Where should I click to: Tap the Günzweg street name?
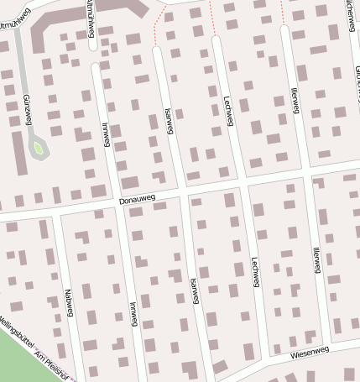(28, 110)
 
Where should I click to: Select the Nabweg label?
(69, 303)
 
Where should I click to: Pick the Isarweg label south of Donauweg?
(195, 290)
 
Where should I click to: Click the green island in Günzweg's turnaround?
(37, 149)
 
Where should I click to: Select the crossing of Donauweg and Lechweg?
(243, 183)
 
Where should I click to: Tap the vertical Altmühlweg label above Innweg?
(90, 18)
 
